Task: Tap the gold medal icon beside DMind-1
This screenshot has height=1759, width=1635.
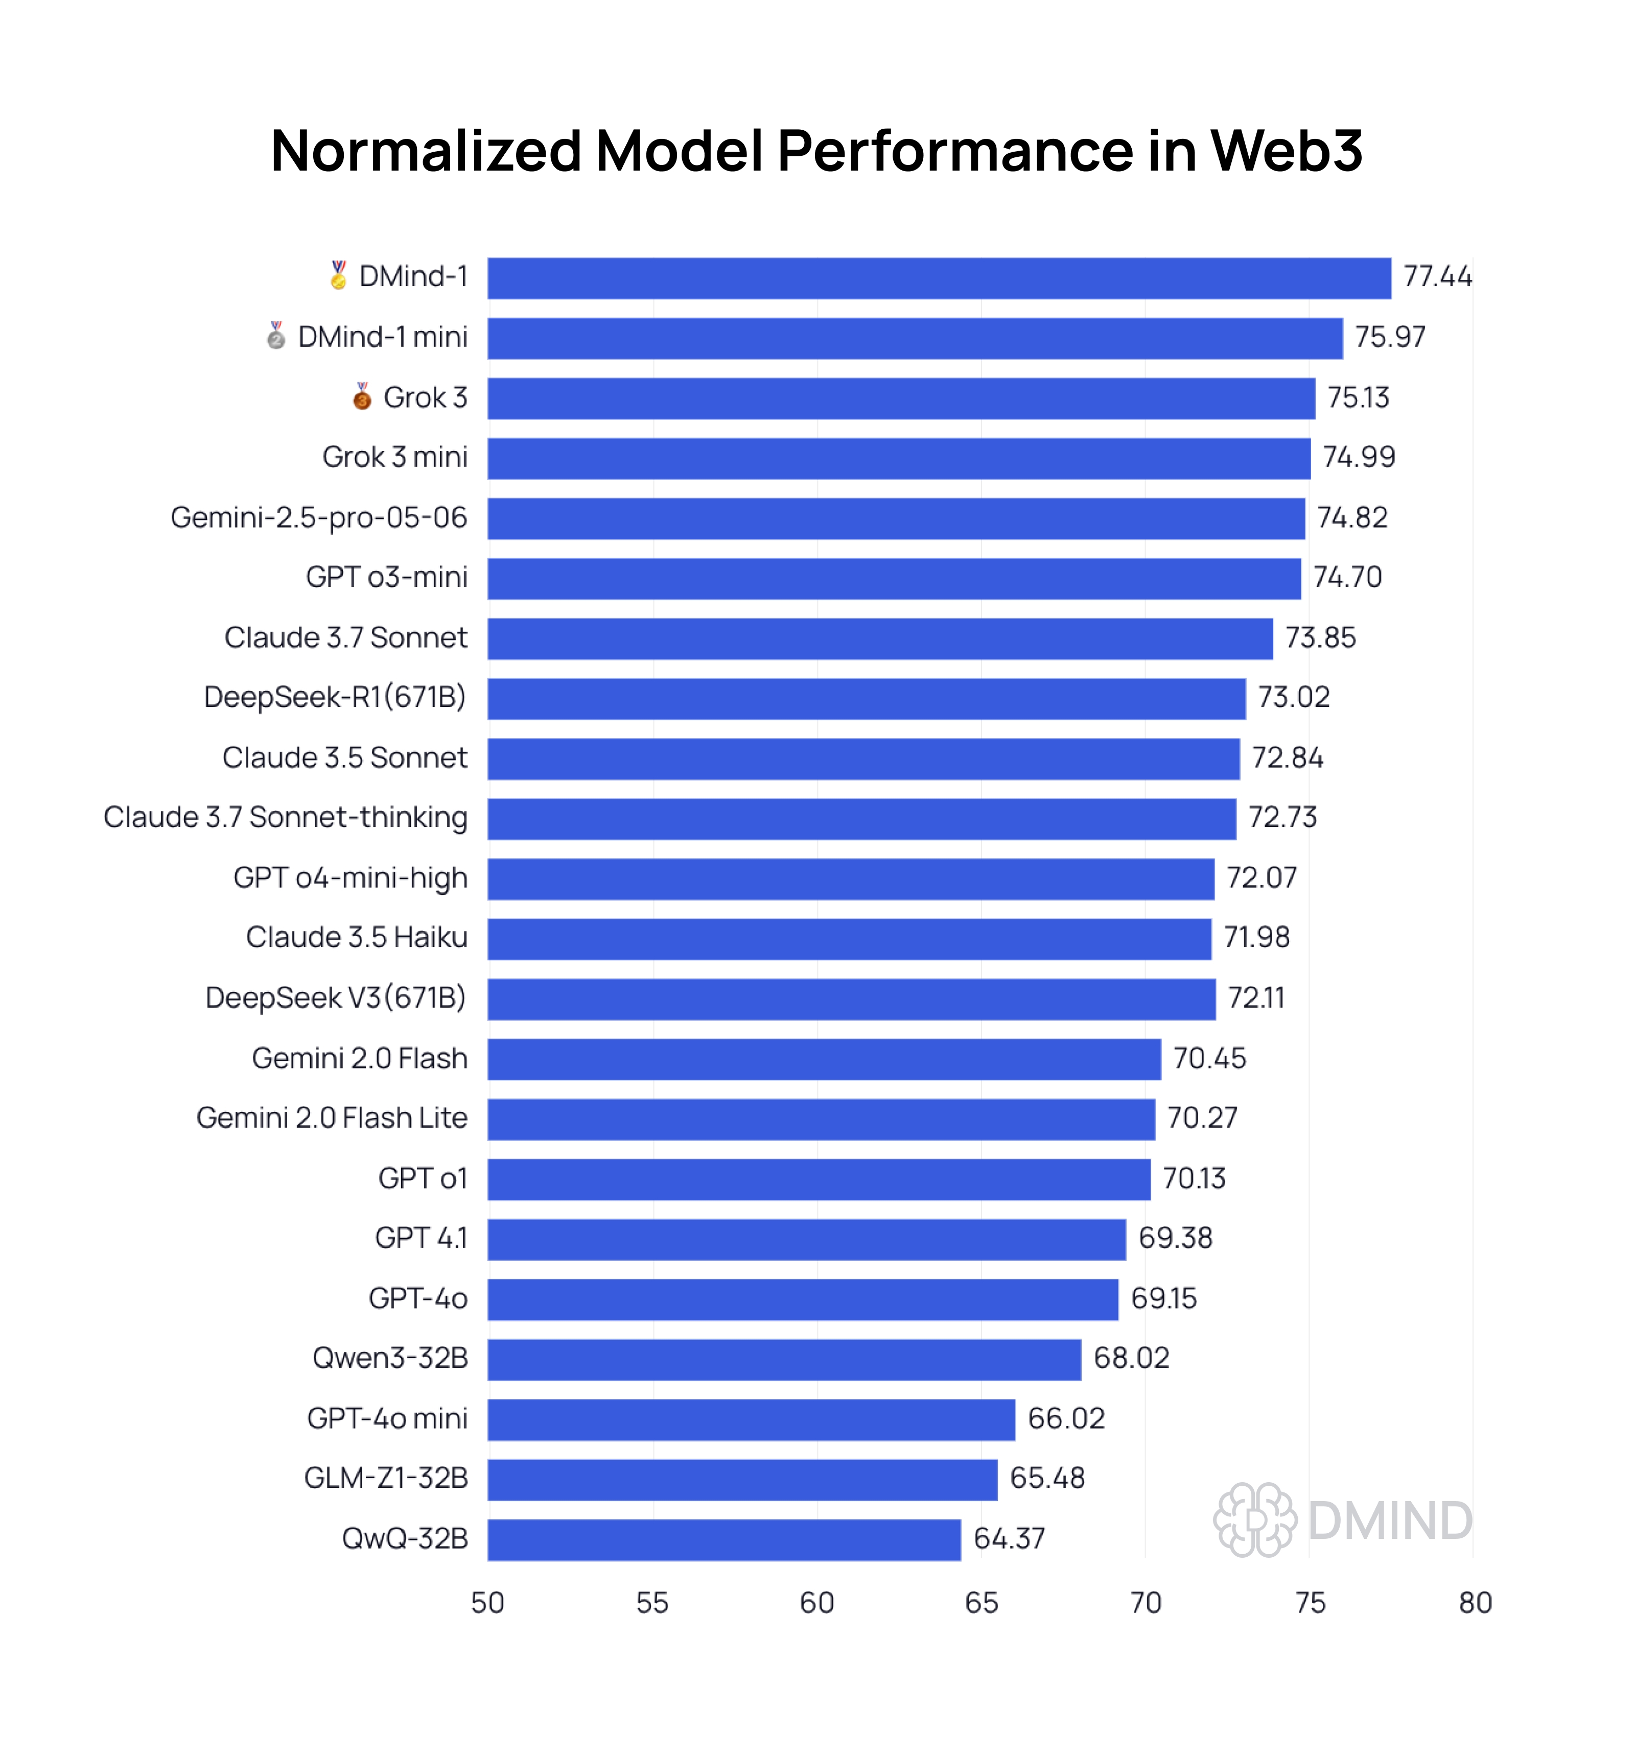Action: [338, 275]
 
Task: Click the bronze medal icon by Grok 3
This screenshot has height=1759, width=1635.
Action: [362, 396]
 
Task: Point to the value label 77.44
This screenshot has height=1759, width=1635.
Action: [1437, 277]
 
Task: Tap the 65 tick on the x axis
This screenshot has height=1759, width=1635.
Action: [981, 1603]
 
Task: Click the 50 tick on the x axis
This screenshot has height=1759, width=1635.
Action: [487, 1603]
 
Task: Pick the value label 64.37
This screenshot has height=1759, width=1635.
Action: [1009, 1539]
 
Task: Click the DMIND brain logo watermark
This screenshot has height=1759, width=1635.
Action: [1254, 1519]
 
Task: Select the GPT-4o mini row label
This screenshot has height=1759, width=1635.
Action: [387, 1418]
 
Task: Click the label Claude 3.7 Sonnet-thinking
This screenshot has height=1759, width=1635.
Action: [285, 817]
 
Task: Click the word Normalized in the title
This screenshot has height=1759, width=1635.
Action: [425, 150]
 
